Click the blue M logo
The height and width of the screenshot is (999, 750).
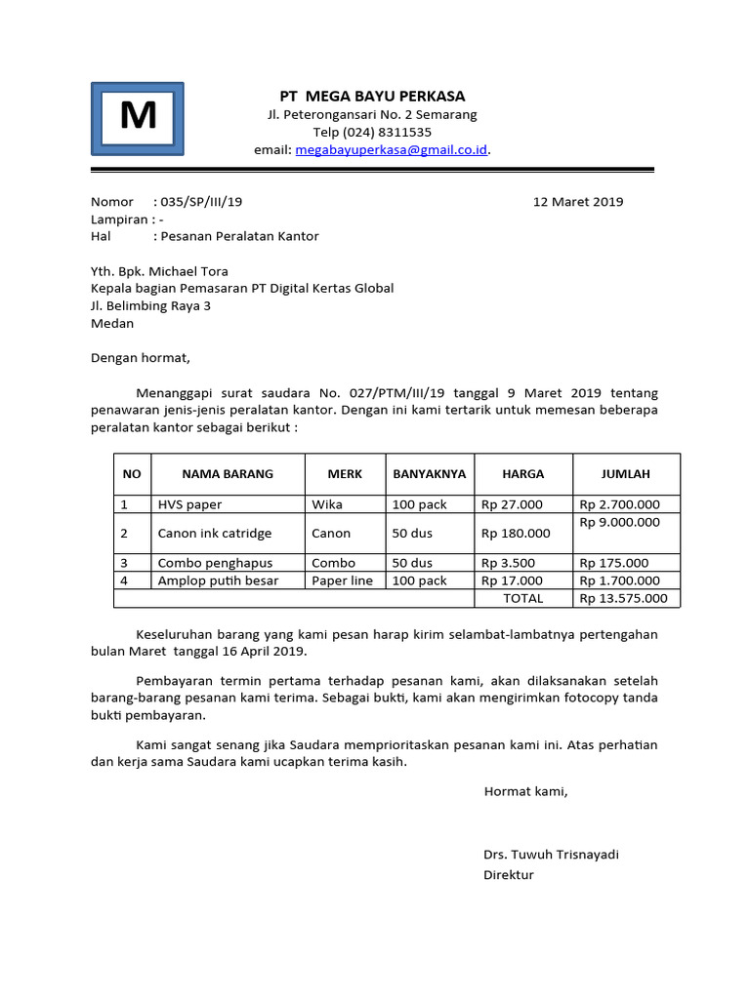(138, 118)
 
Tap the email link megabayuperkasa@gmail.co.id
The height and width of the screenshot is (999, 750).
(391, 150)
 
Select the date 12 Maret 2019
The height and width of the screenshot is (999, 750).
(577, 202)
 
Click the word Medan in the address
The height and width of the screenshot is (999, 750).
(112, 324)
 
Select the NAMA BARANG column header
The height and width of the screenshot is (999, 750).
(228, 474)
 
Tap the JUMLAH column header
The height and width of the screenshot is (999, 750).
(626, 474)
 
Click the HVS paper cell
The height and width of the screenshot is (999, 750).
(189, 504)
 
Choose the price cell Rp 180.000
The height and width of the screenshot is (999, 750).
(516, 534)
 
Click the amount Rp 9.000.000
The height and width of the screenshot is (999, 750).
(619, 522)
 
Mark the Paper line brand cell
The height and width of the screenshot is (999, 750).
(342, 580)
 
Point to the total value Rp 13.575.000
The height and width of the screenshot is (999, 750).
(623, 598)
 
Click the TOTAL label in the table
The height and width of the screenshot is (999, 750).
(522, 598)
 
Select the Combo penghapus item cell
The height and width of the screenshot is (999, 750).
(215, 563)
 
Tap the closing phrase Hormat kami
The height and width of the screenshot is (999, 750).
(525, 791)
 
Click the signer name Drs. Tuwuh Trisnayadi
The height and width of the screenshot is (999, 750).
(551, 855)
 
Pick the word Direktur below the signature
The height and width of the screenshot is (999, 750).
(509, 875)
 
